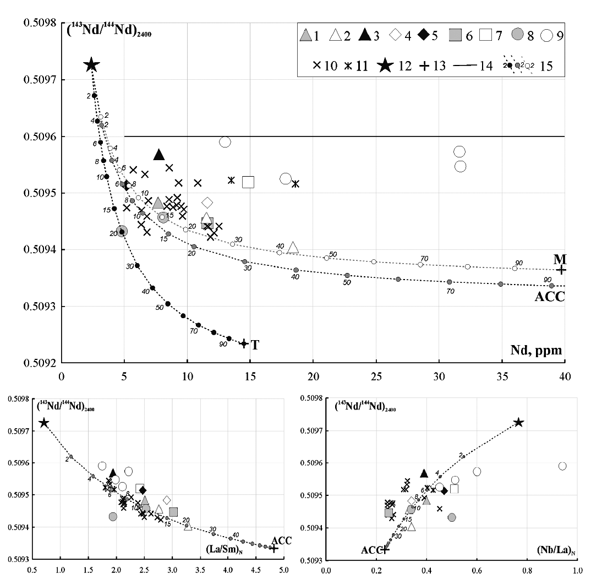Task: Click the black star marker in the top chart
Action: pos(91,65)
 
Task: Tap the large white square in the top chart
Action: pos(248,182)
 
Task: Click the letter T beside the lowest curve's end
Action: pos(255,345)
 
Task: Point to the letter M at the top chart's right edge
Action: pos(560,259)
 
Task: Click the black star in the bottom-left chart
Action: pos(44,423)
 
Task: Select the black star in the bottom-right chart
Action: pos(518,422)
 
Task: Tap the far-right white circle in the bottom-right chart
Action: pos(562,466)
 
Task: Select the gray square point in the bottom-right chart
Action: pos(388,513)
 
